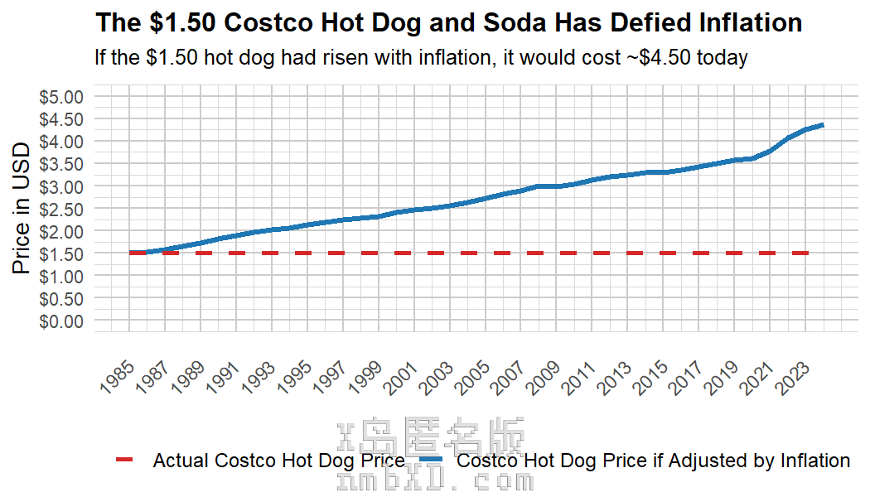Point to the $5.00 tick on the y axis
coord(62,97)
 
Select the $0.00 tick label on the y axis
coord(62,321)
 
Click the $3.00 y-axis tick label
coord(62,186)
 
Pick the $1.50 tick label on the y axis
coord(62,253)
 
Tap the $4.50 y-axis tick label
coord(62,119)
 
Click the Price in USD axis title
coord(22,208)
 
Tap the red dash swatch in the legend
coord(123,460)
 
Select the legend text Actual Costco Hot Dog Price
coord(278,461)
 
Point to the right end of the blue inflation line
coord(822,125)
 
